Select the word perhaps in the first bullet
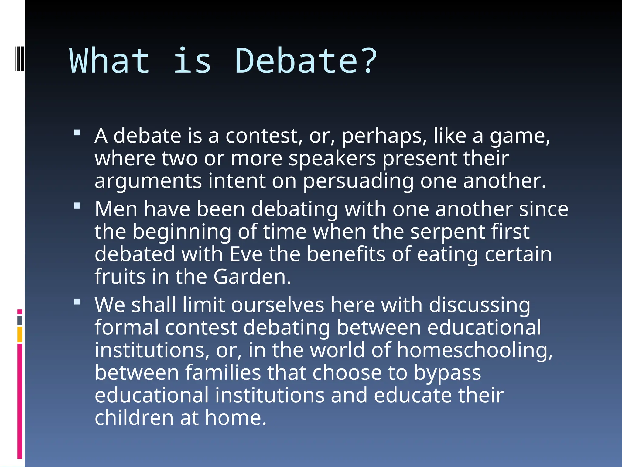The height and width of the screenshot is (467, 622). pyautogui.click(x=384, y=136)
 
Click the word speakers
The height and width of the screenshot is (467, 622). pyautogui.click(x=332, y=158)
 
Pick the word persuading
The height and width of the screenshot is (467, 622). pyautogui.click(x=358, y=181)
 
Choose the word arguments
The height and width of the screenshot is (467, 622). pyautogui.click(x=148, y=181)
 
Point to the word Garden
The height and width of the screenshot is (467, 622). pyautogui.click(x=252, y=277)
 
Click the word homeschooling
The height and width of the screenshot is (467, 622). pyautogui.click(x=474, y=350)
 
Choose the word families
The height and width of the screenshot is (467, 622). pyautogui.click(x=223, y=373)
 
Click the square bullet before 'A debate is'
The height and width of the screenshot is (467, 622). pyautogui.click(x=77, y=133)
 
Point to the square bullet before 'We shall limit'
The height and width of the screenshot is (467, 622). pyautogui.click(x=77, y=302)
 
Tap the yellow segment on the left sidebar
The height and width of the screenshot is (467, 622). pyautogui.click(x=20, y=334)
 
